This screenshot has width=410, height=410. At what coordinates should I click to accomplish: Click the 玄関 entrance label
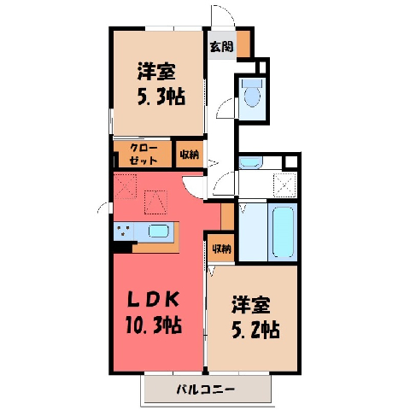(221, 46)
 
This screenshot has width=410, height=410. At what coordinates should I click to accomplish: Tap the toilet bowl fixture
(252, 92)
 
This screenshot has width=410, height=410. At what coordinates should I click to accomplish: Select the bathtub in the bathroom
(283, 231)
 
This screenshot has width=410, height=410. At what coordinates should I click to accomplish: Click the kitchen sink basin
(159, 231)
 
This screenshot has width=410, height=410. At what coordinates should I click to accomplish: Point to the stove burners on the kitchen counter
(124, 231)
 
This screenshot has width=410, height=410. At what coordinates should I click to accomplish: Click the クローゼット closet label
(143, 155)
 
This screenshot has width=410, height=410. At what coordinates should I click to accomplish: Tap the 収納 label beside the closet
(189, 155)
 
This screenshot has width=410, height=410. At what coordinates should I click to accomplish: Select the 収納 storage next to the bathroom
(221, 249)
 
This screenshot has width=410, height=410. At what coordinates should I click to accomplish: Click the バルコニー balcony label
(206, 389)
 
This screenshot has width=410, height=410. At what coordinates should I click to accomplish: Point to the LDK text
(153, 300)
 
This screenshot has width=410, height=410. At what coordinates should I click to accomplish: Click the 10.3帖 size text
(154, 325)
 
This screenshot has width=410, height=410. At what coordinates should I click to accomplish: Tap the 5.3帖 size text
(161, 97)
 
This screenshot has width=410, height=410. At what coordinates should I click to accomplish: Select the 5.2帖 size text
(255, 330)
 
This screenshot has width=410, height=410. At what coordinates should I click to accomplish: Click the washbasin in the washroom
(250, 162)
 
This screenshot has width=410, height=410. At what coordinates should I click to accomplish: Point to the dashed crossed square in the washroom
(285, 185)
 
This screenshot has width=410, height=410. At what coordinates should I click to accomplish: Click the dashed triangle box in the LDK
(155, 202)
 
